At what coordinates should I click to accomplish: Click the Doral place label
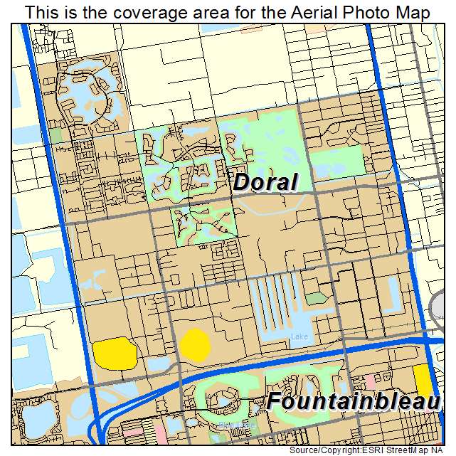coord(265,182)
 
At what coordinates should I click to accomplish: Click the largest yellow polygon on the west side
coord(115,354)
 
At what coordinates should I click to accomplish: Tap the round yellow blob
coord(194,345)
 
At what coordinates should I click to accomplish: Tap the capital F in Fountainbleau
coord(275,402)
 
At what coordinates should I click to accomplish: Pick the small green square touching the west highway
coord(55,134)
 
